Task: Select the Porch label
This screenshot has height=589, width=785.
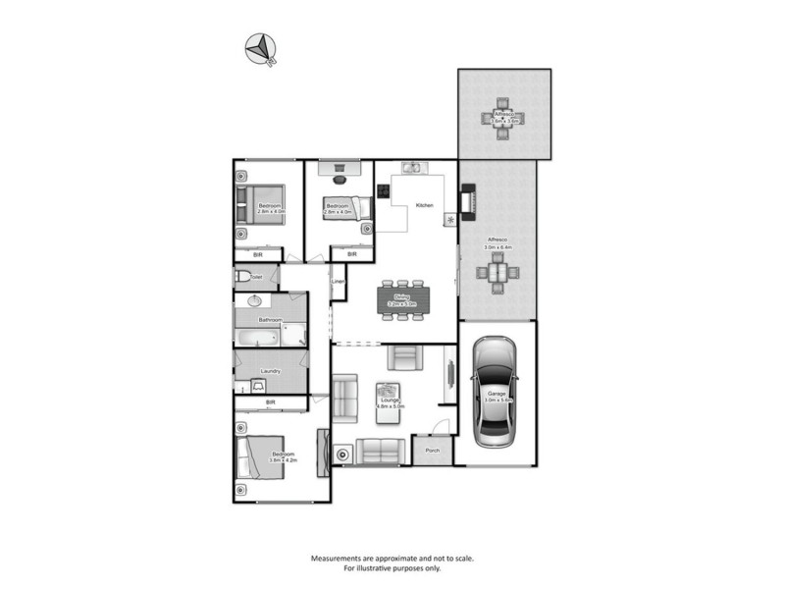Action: (432, 452)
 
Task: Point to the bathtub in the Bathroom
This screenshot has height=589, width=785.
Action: (257, 339)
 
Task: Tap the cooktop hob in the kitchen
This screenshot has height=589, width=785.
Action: (384, 191)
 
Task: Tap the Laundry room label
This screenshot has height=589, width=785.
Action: (271, 371)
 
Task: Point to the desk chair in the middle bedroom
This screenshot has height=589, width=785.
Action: (340, 179)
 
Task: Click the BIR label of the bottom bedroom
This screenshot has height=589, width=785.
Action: (270, 402)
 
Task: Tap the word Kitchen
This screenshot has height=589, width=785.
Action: (424, 205)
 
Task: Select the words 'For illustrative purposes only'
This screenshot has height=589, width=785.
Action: (392, 568)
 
